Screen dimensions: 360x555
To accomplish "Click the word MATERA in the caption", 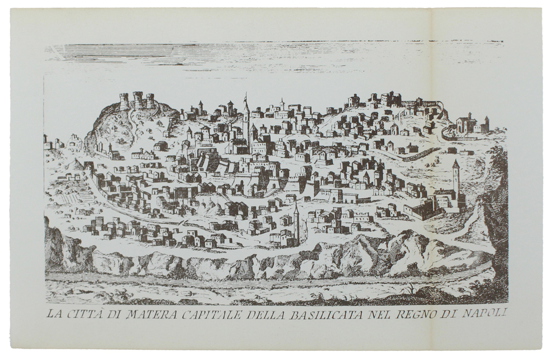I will [x=148, y=314].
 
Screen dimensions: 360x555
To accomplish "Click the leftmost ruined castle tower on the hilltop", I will [x=124, y=101].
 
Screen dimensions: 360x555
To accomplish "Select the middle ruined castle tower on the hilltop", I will [x=138, y=99].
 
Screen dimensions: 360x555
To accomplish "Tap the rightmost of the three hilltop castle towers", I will [x=150, y=101].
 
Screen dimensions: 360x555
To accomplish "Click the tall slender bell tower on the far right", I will [x=456, y=178].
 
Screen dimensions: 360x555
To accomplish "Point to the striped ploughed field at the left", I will [x=67, y=196].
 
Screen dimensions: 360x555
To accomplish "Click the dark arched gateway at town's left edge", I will [x=89, y=166].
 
